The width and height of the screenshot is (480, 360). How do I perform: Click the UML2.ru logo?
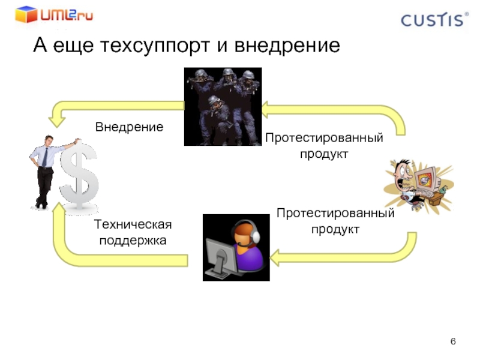[x=54, y=14]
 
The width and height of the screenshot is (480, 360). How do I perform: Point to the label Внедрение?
[x=129, y=127]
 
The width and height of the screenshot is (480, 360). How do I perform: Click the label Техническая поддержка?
[x=133, y=232]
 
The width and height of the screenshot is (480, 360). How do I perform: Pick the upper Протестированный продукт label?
[x=324, y=146]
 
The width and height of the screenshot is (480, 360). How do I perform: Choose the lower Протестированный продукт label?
[x=335, y=221]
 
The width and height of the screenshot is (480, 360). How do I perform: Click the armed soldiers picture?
[x=223, y=107]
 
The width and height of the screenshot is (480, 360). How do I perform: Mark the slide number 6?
[x=453, y=342]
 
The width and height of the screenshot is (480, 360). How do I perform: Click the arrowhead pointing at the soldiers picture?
[x=268, y=110]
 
